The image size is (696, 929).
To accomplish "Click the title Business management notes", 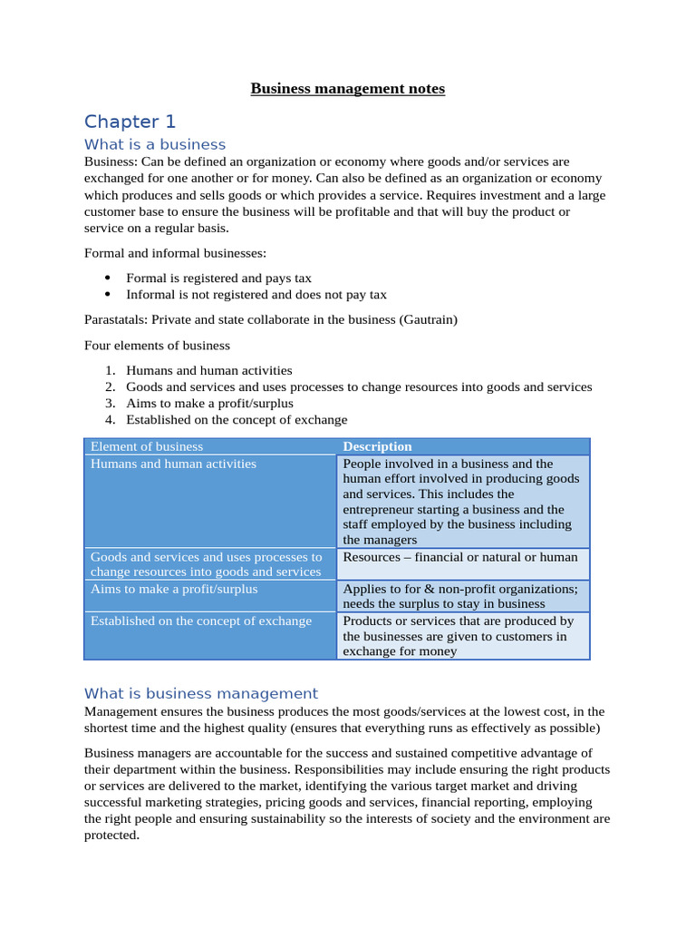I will [347, 89].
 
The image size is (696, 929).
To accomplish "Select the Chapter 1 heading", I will [130, 122].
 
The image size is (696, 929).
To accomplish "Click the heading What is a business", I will [155, 144].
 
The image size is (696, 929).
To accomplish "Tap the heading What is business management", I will [201, 693].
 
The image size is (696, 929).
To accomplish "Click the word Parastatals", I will [115, 319].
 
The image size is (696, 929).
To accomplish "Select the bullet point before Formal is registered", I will [108, 278].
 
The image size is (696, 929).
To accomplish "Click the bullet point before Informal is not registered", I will [108, 294].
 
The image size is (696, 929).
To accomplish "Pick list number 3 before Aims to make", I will [110, 403].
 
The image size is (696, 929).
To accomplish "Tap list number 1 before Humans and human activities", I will [110, 370].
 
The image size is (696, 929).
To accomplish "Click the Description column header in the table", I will [377, 446].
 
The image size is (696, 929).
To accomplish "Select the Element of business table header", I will [147, 446].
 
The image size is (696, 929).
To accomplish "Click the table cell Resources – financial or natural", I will [460, 557].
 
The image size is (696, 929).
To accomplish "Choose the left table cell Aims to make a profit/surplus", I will [174, 589].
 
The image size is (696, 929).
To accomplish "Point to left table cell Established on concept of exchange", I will [201, 621].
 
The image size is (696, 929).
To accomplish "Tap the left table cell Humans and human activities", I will [173, 464].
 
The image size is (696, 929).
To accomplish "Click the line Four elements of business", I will [157, 345].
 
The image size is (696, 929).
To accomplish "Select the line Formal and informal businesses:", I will [175, 252].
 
